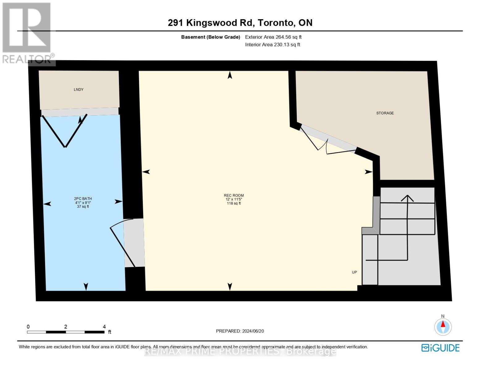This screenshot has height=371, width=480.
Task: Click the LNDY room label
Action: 79,90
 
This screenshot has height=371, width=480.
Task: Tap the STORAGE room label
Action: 385,113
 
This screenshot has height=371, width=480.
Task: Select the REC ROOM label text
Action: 234,195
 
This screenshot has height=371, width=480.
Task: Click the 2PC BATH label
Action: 83,199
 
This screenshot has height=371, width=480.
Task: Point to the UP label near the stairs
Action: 354,272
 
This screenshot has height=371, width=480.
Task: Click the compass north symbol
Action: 443,326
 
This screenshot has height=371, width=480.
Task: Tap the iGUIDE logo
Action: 440,348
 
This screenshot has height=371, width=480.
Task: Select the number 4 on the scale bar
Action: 104,326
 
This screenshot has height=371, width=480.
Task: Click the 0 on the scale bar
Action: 28,326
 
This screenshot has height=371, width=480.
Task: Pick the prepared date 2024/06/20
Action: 253,331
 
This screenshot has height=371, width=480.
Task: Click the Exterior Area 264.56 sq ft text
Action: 273,37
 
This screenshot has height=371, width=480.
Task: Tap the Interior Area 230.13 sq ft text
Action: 273,45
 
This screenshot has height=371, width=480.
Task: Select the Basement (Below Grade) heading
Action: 210,37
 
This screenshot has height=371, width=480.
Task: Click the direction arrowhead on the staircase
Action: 407,198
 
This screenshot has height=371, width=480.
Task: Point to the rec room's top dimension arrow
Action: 230,75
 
